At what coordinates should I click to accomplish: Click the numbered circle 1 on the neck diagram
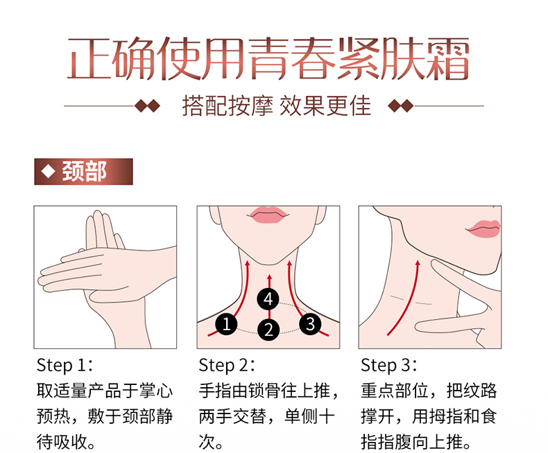[x=226, y=324]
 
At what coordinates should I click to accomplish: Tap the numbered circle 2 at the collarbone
[x=268, y=330]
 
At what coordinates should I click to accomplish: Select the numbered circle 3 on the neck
[x=310, y=324]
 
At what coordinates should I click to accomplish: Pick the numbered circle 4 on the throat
[x=268, y=299]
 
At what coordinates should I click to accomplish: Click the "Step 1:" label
[x=65, y=365]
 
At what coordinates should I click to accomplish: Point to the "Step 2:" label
[x=227, y=365]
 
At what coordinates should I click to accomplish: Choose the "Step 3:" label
[x=389, y=365]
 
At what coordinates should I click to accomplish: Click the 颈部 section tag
[x=83, y=171]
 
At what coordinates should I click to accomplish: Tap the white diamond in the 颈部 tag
[x=49, y=171]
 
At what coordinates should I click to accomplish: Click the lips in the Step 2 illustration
[x=268, y=214]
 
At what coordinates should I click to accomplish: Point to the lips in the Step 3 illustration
[x=483, y=229]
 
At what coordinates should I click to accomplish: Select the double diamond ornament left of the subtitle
[x=148, y=105]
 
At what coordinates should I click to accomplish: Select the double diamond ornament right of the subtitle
[x=401, y=105]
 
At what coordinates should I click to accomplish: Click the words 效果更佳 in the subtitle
[x=325, y=105]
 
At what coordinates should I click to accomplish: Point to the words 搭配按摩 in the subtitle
[x=228, y=105]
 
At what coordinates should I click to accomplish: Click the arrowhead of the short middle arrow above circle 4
[x=269, y=277]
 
